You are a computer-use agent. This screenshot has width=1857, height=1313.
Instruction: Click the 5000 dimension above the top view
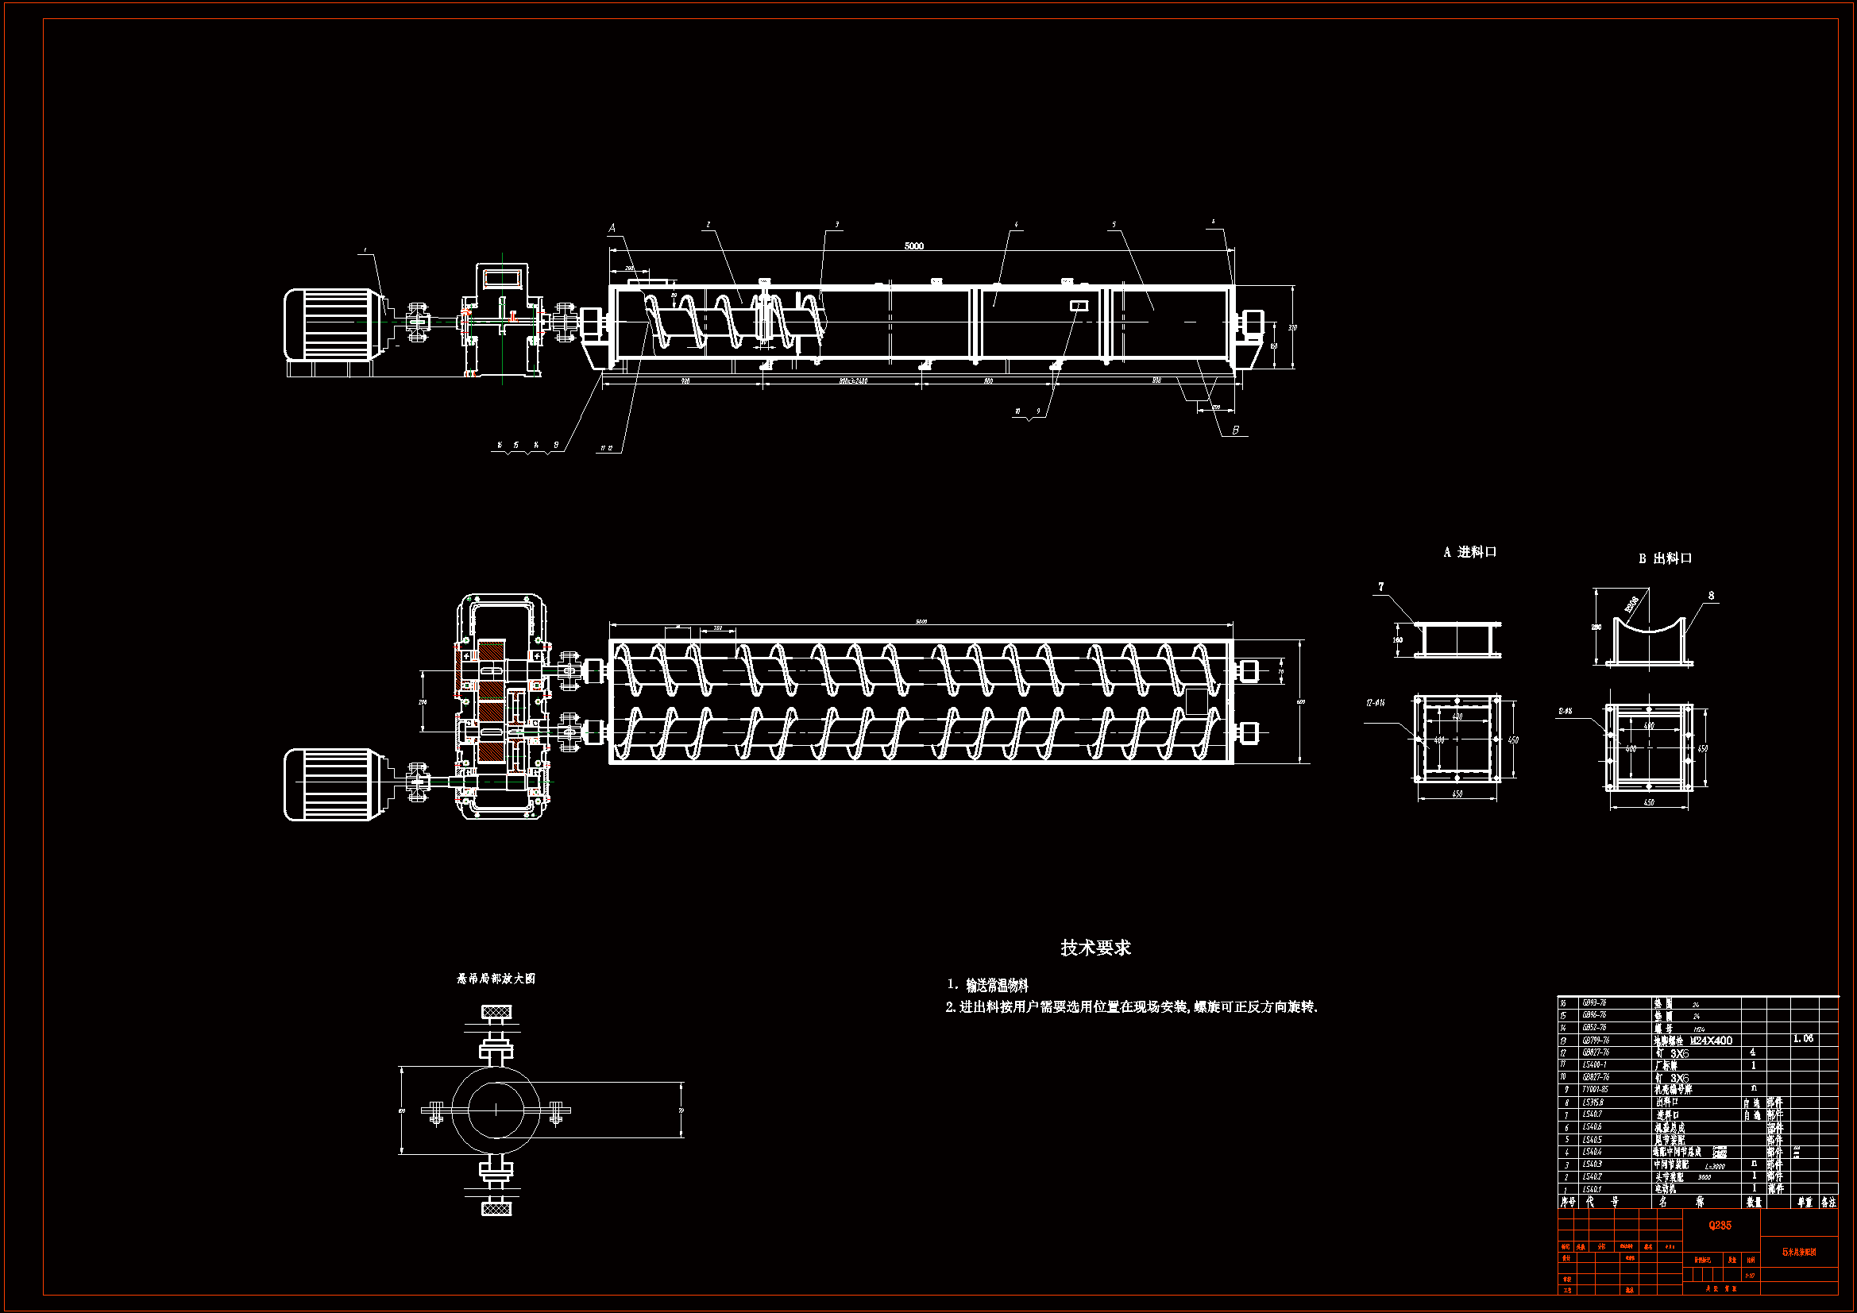pyautogui.click(x=913, y=246)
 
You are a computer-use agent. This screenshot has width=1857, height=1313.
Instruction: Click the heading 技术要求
pyautogui.click(x=1095, y=948)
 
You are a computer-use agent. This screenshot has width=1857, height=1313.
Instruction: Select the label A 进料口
pyautogui.click(x=1469, y=552)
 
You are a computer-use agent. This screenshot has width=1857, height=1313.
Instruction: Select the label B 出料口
pyautogui.click(x=1666, y=558)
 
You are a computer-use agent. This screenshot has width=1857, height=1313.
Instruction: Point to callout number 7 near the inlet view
pyautogui.click(x=1380, y=586)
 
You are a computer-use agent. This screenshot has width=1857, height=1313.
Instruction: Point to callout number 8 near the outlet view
pyautogui.click(x=1711, y=596)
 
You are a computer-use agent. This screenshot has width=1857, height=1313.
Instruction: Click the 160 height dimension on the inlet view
pyautogui.click(x=1398, y=640)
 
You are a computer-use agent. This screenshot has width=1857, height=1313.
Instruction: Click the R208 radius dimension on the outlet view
pyautogui.click(x=1631, y=604)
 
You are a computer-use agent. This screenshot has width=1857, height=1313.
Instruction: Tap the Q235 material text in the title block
pyautogui.click(x=1720, y=1226)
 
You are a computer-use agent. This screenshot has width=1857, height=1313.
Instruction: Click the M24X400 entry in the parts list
pyautogui.click(x=1711, y=1041)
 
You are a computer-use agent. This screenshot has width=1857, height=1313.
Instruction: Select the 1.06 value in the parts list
pyautogui.click(x=1803, y=1039)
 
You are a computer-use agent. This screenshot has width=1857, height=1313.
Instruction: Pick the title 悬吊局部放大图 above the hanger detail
pyautogui.click(x=496, y=978)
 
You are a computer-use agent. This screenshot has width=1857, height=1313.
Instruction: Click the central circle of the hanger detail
pyautogui.click(x=496, y=1110)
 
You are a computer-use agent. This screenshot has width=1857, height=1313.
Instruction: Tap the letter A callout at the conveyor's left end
pyautogui.click(x=612, y=228)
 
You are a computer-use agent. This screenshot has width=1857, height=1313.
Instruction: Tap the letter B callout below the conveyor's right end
pyautogui.click(x=1235, y=431)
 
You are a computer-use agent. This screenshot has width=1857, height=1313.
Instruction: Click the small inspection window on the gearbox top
pyautogui.click(x=501, y=278)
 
